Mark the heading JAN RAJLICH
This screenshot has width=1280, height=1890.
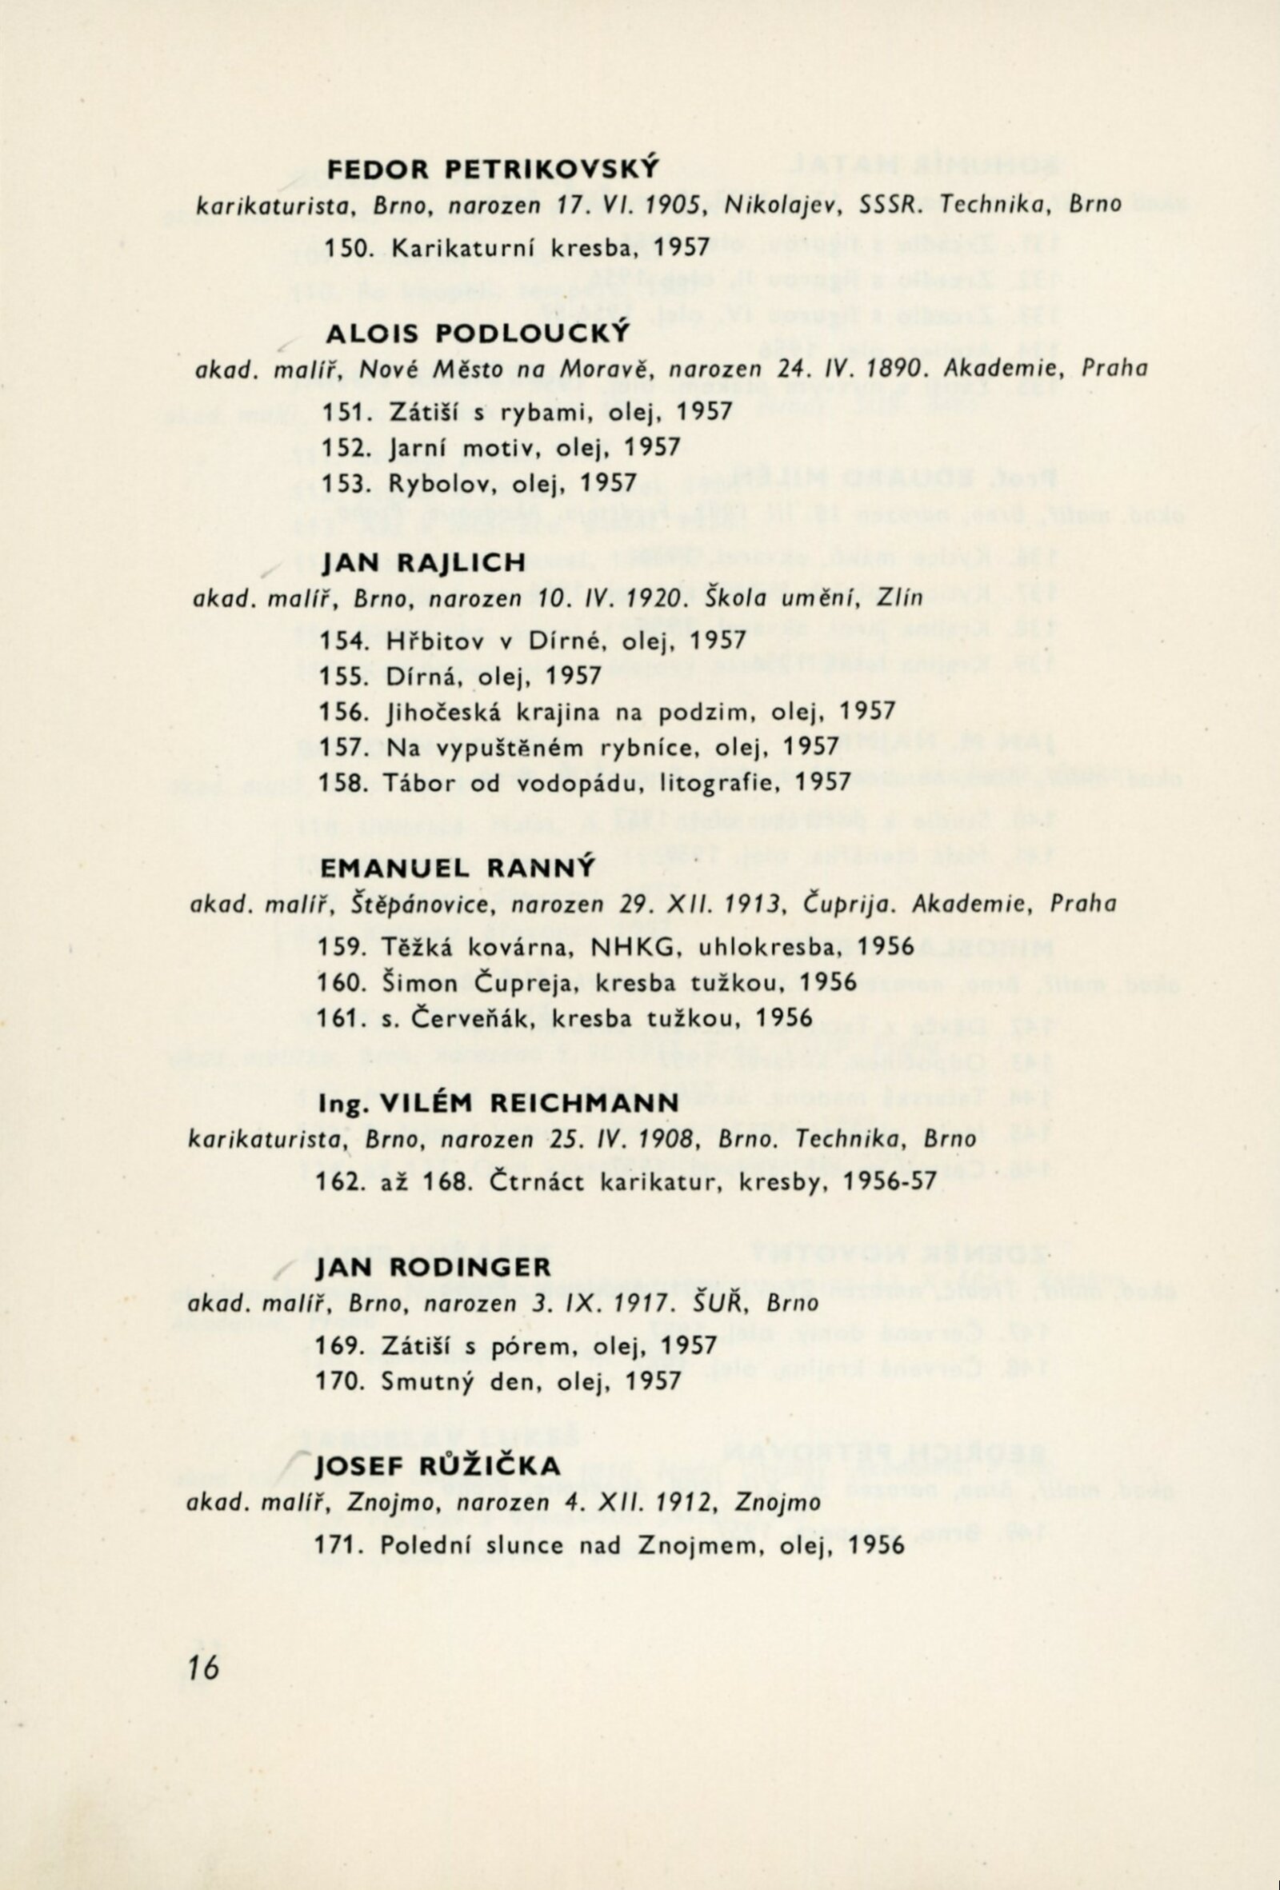pyautogui.click(x=423, y=562)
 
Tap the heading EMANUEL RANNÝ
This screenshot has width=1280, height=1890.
pyautogui.click(x=458, y=868)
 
